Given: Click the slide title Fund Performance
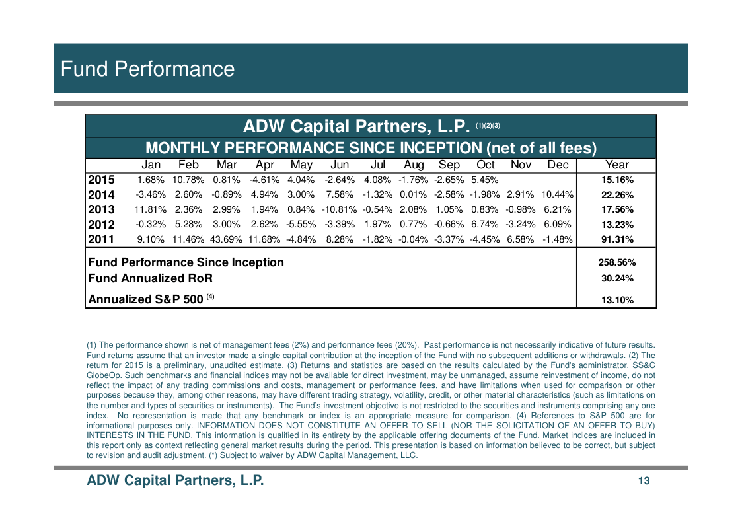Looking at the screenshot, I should (x=147, y=69).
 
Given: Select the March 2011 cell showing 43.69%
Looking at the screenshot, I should (x=226, y=239).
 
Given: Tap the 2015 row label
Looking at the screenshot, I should (x=101, y=180).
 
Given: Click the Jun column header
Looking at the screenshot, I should (x=340, y=165).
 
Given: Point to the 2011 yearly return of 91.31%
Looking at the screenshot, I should (x=617, y=239).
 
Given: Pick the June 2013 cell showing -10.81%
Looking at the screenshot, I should (x=339, y=209).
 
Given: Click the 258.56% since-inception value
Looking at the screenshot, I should (x=617, y=262).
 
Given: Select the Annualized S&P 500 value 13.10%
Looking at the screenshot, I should (x=617, y=299).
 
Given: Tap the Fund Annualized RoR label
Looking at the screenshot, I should (x=151, y=278).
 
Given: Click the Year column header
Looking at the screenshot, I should (x=617, y=165).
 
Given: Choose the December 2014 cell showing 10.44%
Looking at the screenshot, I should (x=556, y=194).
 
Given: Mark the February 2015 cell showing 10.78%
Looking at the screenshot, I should (x=188, y=180).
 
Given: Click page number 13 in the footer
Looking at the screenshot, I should (x=644, y=481).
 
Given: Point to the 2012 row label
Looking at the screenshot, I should (x=101, y=225).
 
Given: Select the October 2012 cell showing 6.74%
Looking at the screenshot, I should (x=485, y=225).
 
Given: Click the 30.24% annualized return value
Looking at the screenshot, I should (x=617, y=278).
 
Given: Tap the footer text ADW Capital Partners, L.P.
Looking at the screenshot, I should (x=175, y=480).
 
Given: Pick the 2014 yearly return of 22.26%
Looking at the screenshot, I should (x=617, y=194).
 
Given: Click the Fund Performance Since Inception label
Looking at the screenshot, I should (x=186, y=262).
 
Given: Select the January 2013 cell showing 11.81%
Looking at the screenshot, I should (x=151, y=209).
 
